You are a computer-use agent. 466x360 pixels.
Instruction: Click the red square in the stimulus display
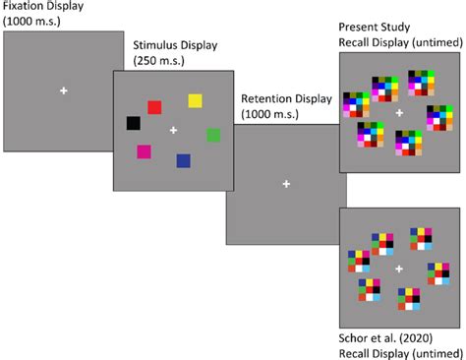click(153, 107)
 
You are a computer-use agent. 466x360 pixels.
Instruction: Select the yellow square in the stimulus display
click(195, 100)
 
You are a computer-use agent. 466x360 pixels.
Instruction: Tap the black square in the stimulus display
click(134, 123)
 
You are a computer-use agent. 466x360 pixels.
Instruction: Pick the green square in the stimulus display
click(213, 135)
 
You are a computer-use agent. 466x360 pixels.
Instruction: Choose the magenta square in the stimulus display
click(145, 151)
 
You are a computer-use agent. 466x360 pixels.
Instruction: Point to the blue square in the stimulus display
click(183, 160)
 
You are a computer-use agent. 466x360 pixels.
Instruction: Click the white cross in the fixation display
click(64, 91)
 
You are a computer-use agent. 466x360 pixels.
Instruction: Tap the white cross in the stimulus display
click(174, 130)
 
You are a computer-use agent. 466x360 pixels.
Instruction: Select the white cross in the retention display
click(286, 184)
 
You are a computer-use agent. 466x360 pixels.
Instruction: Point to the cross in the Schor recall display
click(399, 269)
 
